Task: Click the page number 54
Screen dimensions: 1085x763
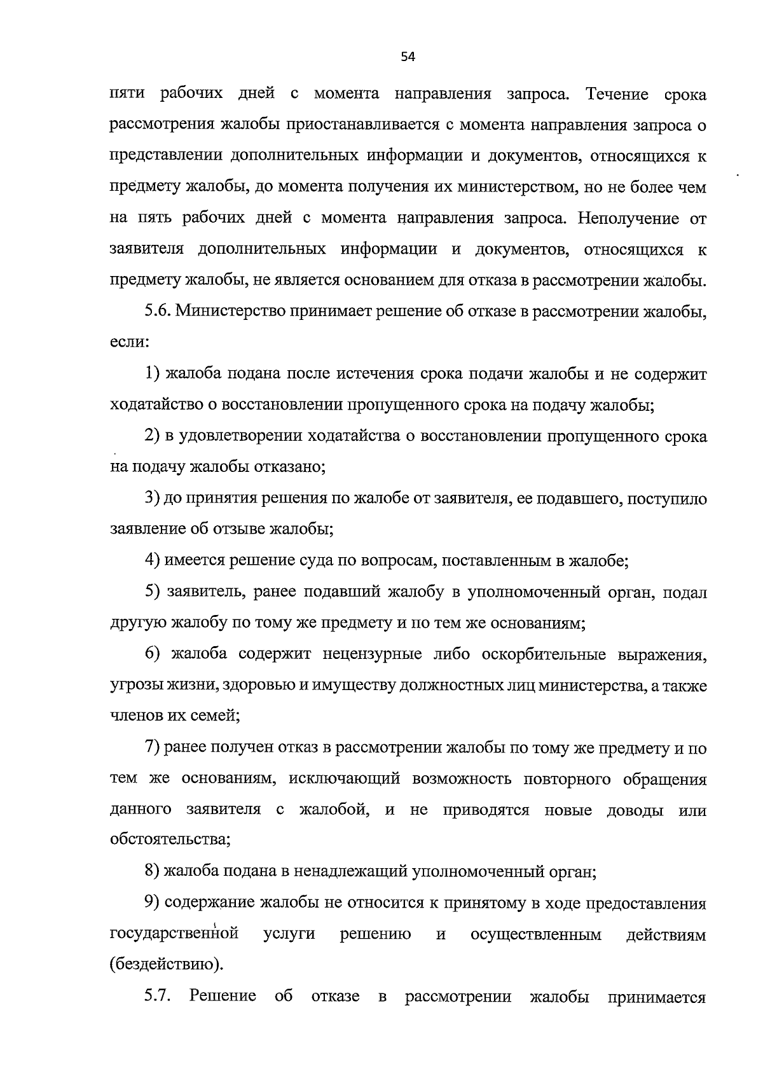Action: pos(408,57)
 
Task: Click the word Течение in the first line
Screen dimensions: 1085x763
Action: pos(617,94)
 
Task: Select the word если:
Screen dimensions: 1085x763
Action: pos(129,342)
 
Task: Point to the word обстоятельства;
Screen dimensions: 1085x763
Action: pos(170,840)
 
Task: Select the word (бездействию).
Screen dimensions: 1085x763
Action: pos(167,965)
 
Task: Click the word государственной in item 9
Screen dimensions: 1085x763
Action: pos(174,934)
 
